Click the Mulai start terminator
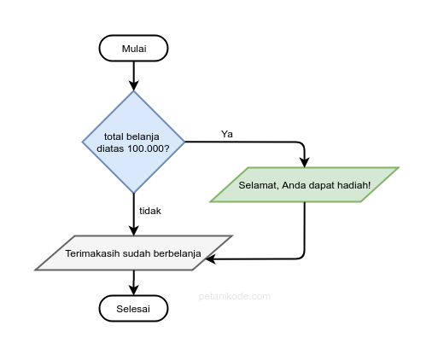click(x=133, y=49)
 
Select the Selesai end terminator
click(x=133, y=309)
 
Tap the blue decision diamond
click(x=133, y=142)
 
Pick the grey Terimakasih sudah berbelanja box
click(x=133, y=253)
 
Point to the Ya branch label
click(x=227, y=134)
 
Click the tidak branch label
click(x=150, y=210)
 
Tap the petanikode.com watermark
click(x=233, y=297)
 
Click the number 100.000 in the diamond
click(x=149, y=148)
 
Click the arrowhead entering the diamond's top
click(x=133, y=85)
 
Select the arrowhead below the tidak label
click(x=133, y=229)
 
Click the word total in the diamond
click(x=115, y=136)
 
